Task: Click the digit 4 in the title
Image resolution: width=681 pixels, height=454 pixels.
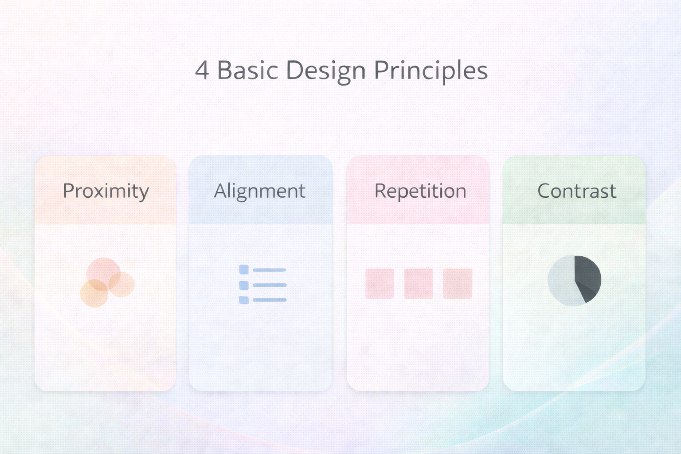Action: pos(202,70)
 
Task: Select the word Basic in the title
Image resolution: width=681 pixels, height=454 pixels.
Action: pos(248,70)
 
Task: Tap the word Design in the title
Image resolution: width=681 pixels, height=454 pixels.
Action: pos(325,72)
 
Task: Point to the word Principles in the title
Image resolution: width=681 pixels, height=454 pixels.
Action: pos(431,72)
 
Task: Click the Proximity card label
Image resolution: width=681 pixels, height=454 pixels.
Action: pos(106,192)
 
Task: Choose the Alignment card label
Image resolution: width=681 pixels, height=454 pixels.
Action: pos(260,192)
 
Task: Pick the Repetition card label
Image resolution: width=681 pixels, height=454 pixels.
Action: pos(420,192)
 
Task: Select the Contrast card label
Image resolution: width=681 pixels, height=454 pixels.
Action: pos(577,191)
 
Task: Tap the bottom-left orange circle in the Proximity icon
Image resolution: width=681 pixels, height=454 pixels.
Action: pos(94,294)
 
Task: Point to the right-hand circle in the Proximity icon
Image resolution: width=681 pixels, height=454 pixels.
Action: pos(122,284)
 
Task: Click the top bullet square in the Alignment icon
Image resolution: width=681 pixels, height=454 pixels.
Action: pos(244,270)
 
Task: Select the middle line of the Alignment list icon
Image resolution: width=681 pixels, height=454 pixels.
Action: pos(270,285)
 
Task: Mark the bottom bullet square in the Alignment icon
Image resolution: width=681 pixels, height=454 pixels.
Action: pos(244,300)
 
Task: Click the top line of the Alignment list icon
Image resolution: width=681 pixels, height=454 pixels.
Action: pos(270,270)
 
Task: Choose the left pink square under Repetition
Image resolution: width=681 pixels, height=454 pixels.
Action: pos(380,283)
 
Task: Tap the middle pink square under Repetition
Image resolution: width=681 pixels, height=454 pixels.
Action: pos(419,283)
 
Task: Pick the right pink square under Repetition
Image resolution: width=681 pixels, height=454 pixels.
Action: pos(458,283)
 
